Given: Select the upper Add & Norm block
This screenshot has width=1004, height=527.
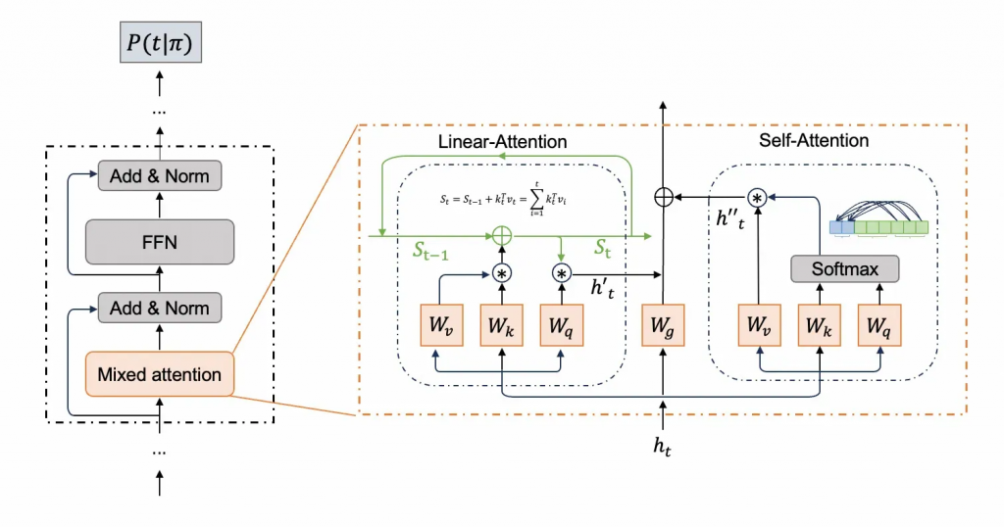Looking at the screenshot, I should coord(159,176).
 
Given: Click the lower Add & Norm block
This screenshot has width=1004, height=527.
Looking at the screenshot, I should coord(159,309).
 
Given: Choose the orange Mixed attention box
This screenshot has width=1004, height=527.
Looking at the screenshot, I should coord(159,374).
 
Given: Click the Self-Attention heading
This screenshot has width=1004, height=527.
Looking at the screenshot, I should coord(814,140).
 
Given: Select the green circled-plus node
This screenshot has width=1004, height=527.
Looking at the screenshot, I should coord(501,236).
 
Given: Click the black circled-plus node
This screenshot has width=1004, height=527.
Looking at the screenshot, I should coord(665,197).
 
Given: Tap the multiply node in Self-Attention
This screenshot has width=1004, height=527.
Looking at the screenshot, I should coord(757,197).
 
